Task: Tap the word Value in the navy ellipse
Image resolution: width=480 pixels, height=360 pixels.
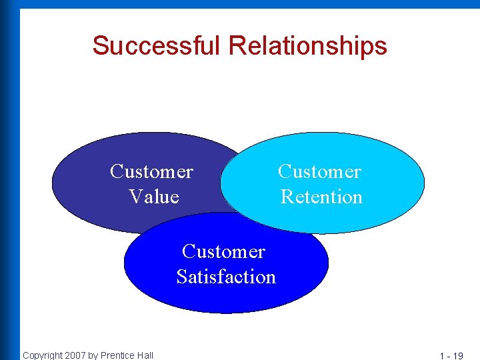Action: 154,197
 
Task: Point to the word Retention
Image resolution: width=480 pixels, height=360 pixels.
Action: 321,197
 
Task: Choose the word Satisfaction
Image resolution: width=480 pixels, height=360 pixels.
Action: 226,277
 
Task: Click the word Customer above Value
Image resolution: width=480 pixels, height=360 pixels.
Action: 151,172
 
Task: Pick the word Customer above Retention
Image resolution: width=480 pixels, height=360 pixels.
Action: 319,172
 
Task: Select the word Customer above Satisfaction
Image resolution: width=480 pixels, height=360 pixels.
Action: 223,252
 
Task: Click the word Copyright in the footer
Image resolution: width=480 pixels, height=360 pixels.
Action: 43,355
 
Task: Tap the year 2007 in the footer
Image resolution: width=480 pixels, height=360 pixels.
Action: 76,355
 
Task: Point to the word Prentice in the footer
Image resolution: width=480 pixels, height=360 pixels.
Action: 118,355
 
